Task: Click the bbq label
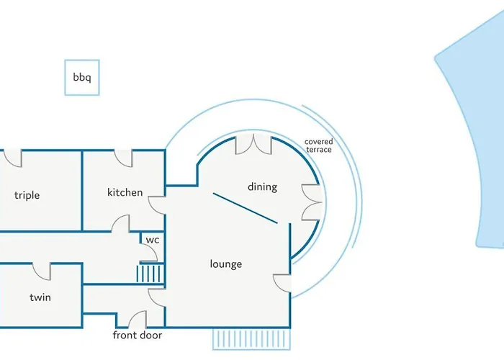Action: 82,78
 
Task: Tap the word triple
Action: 27,195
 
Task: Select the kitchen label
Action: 125,192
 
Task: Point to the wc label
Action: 153,240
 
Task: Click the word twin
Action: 40,297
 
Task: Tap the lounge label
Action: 226,264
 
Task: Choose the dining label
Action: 262,187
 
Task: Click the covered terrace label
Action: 318,145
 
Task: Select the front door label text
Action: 138,336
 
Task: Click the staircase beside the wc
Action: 150,273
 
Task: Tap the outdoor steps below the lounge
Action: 251,339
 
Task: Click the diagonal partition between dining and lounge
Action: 246,208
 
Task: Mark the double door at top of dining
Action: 253,144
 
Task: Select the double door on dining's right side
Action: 312,202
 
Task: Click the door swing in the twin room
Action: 42,271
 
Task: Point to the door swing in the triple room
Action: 13,158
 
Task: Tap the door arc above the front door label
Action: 138,320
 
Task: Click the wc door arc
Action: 148,253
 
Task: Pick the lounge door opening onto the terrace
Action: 282,284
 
